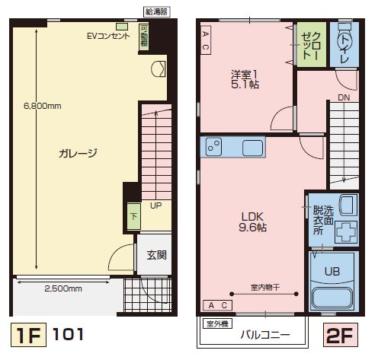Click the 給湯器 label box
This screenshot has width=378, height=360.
(156, 11)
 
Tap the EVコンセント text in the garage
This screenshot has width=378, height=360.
(108, 36)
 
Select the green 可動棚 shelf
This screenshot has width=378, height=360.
(144, 37)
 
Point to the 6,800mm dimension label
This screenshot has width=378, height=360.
(43, 106)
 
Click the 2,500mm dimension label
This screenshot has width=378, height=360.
(63, 288)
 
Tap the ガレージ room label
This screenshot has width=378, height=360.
(78, 153)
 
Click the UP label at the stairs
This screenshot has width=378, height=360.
(155, 205)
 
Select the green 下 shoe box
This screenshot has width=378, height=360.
(133, 217)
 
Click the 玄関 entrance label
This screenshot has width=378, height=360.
(157, 255)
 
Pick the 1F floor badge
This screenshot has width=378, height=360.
(28, 335)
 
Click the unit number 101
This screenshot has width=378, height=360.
(68, 334)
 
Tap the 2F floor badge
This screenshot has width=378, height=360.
(341, 335)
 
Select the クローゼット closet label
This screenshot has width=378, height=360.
(312, 46)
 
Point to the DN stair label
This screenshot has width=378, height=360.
(344, 97)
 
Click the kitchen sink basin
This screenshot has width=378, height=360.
(252, 148)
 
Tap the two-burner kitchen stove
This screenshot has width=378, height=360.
(213, 147)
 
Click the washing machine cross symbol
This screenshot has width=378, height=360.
(347, 231)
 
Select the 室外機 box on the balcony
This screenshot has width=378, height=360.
(217, 323)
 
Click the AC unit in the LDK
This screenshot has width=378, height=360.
(218, 305)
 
